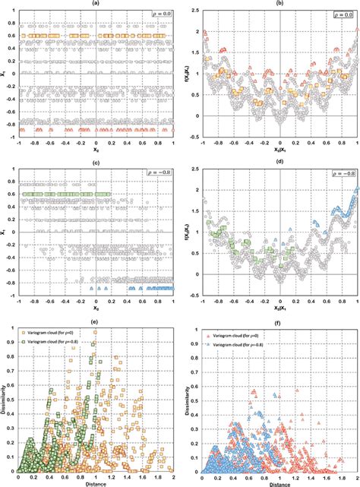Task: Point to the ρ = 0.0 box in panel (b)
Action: point(339,14)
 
